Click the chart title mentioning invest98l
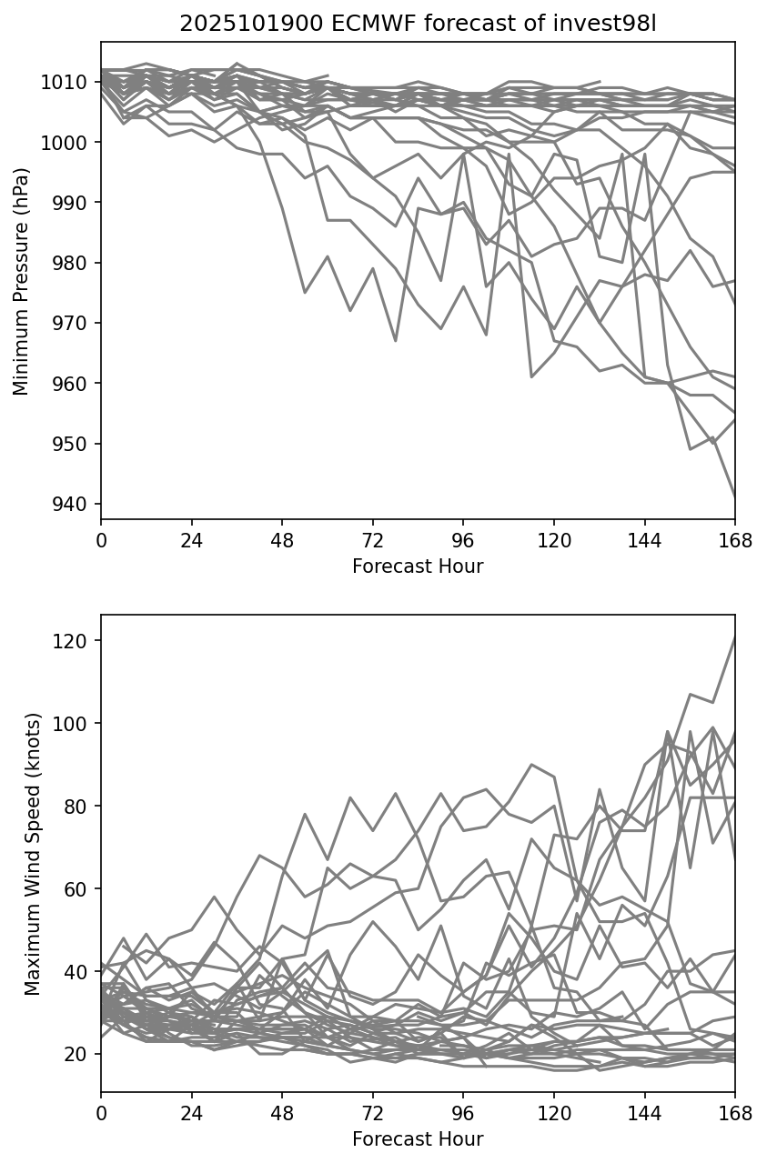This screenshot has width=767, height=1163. (x=418, y=24)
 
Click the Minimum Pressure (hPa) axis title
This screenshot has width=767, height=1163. (x=22, y=281)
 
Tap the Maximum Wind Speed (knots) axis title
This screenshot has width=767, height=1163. (x=33, y=853)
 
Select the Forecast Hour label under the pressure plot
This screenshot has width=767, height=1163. (x=418, y=566)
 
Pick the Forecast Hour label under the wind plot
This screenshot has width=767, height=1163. (x=418, y=1139)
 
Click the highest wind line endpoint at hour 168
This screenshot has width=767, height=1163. (x=734, y=637)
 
